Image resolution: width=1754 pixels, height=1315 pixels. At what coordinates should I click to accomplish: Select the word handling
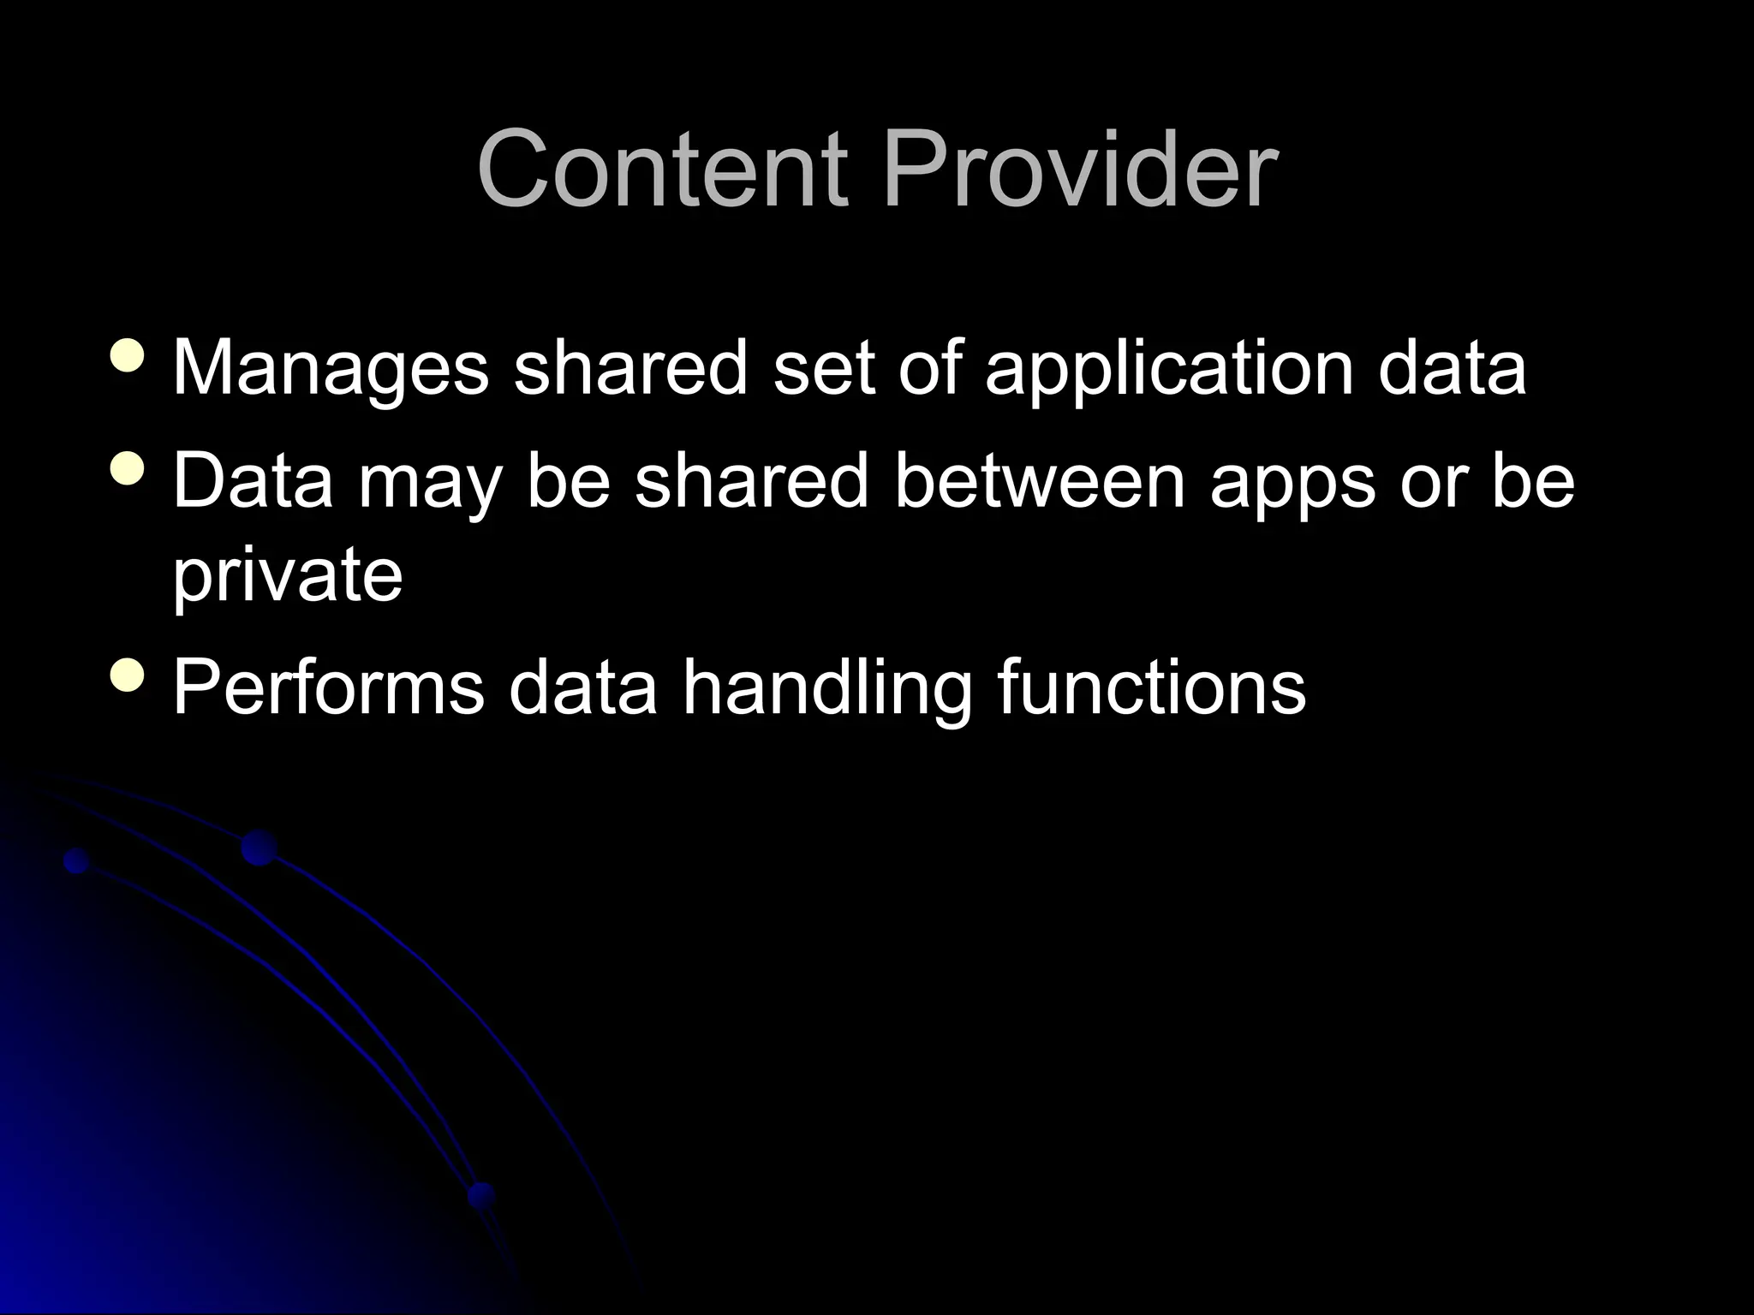(827, 688)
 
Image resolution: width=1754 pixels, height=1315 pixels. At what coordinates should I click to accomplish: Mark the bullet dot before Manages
(128, 355)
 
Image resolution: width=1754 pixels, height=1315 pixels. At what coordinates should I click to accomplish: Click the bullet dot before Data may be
(128, 468)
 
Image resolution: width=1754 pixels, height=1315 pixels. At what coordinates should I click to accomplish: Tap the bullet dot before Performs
(128, 674)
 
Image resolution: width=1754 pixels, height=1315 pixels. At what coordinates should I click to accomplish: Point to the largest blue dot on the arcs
(259, 847)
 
